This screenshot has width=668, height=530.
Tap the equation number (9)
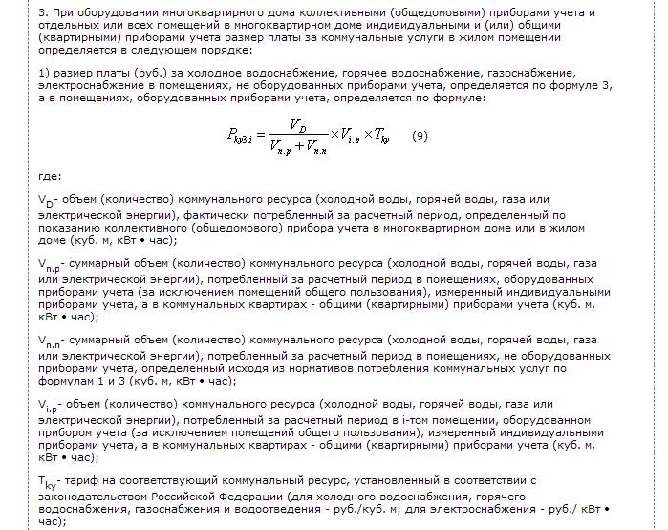pyautogui.click(x=420, y=136)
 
